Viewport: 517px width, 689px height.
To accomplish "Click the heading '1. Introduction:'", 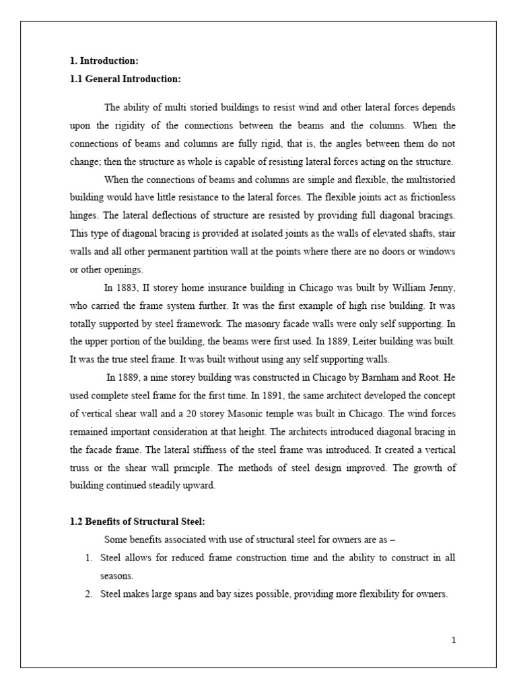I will pos(104,61).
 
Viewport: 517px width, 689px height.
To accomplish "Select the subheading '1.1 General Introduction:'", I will pos(126,79).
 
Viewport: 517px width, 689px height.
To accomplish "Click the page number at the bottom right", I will pos(454,640).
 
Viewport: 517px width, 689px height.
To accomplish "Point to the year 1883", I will pos(127,288).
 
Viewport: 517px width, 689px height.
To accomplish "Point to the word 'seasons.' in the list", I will pos(116,576).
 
